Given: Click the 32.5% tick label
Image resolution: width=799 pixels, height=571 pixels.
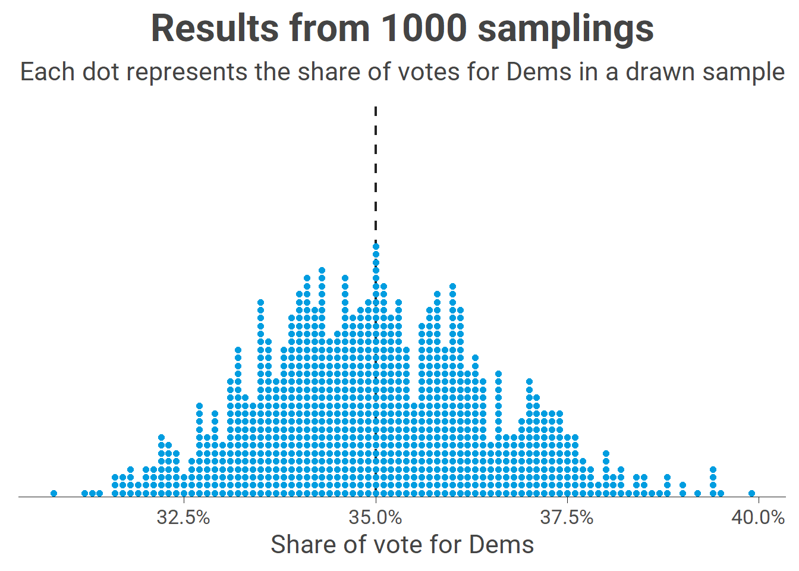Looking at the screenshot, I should (183, 517).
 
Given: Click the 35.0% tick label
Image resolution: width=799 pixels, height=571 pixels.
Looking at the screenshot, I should (376, 517).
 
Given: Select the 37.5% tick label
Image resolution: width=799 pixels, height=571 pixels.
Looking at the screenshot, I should (567, 517).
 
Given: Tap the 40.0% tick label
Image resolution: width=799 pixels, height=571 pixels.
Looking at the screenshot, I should (758, 517).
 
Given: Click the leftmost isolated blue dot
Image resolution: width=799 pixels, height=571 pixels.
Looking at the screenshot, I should (54, 493).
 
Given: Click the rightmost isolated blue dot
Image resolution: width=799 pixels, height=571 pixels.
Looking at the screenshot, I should (751, 493).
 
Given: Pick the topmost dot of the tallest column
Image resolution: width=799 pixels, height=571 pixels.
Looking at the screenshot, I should (376, 246).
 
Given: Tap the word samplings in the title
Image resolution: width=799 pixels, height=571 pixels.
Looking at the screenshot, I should (565, 28).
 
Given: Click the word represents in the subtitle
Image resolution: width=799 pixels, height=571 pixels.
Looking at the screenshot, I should (187, 72).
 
